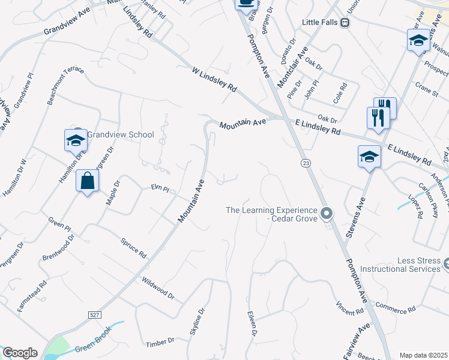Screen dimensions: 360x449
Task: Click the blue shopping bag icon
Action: click(88, 180)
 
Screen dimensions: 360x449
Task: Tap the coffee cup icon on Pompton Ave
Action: click(245, 3)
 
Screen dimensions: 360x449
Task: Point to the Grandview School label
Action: click(121, 134)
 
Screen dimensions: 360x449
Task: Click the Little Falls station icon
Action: click(345, 22)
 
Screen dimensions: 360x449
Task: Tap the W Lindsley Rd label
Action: click(214, 79)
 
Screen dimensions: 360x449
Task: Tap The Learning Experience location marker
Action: click(326, 214)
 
